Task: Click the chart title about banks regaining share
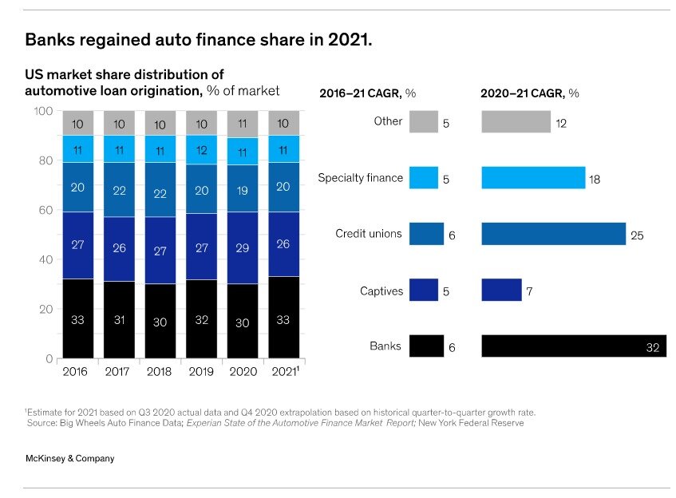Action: tap(199, 39)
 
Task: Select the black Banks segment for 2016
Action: tap(77, 318)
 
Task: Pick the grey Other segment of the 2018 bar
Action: tap(160, 124)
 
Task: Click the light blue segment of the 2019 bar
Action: tap(201, 149)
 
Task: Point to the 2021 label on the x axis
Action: tap(284, 371)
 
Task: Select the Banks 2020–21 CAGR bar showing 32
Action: tap(573, 346)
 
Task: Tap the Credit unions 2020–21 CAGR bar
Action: tap(553, 234)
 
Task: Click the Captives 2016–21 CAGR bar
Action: tap(424, 290)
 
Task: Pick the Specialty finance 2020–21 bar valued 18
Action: tap(532, 178)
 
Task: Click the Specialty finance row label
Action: tap(360, 178)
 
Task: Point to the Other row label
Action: tap(388, 121)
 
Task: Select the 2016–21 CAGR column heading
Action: tap(368, 93)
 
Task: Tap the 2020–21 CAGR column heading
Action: tap(529, 93)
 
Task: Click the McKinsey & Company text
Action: tap(69, 458)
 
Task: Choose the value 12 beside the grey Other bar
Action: tap(562, 124)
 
